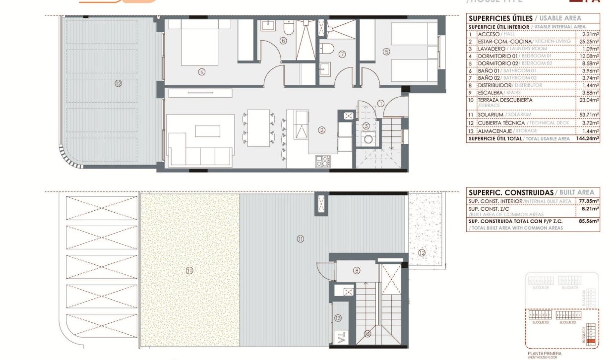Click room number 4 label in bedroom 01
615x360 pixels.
point(202,71)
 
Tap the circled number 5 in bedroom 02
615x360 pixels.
point(387,51)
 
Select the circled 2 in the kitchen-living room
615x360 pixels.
point(322,130)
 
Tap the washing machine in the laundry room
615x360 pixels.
point(368,139)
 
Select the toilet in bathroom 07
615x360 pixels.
point(327,48)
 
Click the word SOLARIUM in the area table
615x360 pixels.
point(491,115)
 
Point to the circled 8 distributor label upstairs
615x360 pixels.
point(357,270)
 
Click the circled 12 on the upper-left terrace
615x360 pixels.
point(118,83)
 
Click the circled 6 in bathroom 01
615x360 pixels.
point(283,41)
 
